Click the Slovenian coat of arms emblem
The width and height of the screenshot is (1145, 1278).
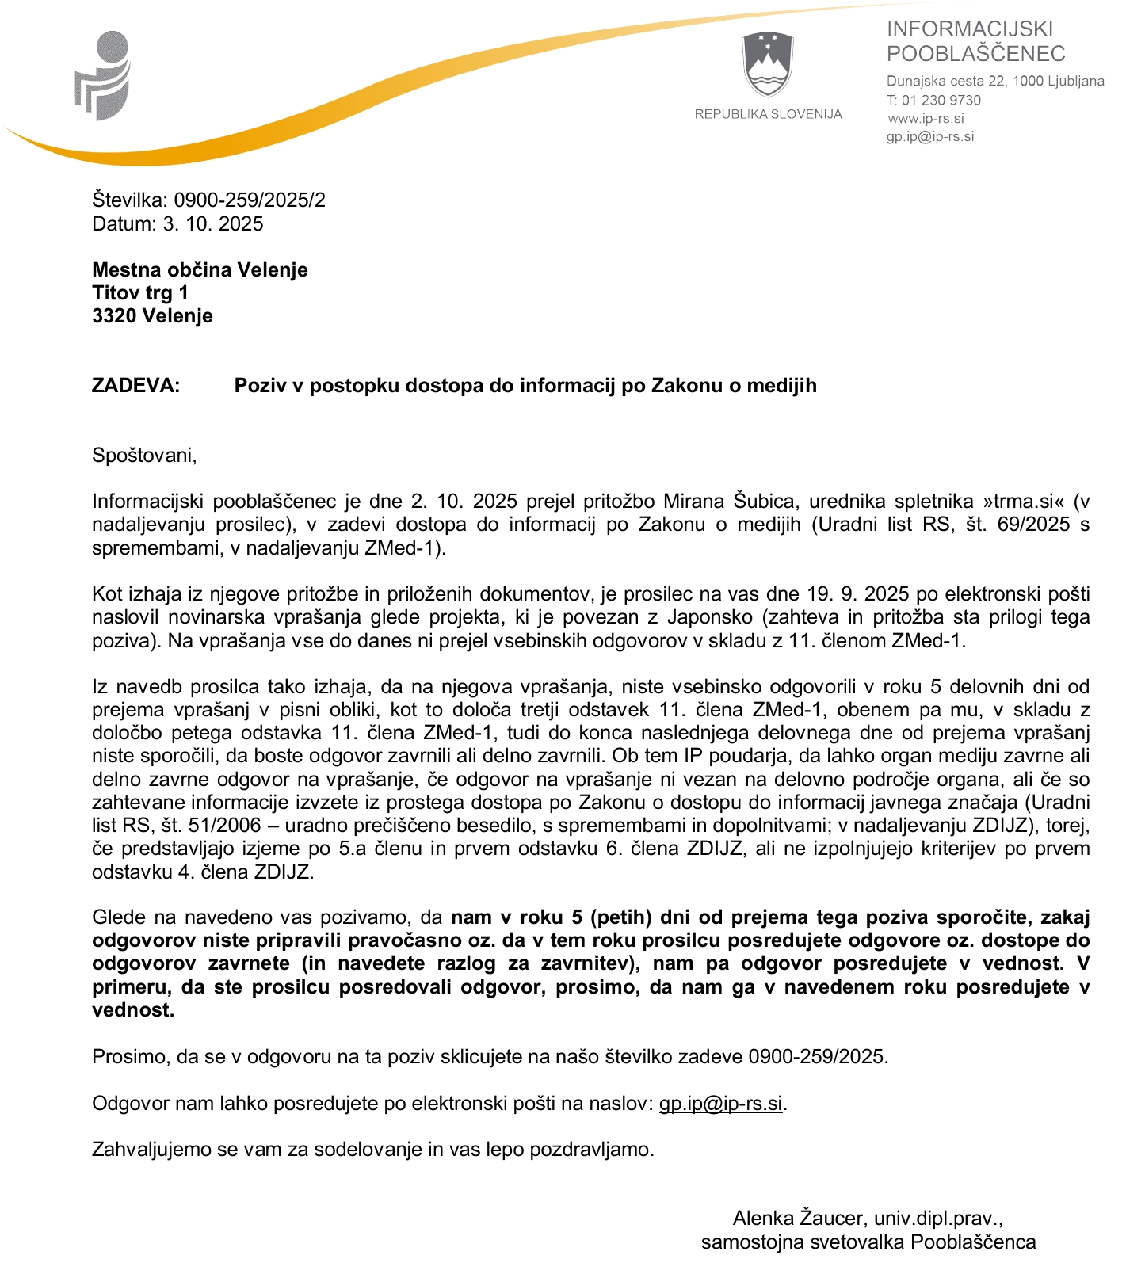[x=768, y=65]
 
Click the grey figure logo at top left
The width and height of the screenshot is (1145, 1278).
[x=103, y=76]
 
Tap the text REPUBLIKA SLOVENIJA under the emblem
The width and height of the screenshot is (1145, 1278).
[x=768, y=114]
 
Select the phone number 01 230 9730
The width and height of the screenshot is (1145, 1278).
[x=941, y=101]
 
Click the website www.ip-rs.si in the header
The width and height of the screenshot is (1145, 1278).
[x=926, y=119]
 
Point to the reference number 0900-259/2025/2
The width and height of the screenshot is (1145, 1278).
[x=250, y=200]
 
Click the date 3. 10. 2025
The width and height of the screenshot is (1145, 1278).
[x=213, y=223]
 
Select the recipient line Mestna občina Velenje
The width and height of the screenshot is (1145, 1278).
[x=200, y=270]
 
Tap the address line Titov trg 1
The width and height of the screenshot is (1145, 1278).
[x=140, y=293]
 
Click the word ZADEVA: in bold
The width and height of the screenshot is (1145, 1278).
[x=136, y=386]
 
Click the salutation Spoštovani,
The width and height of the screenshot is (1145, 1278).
[x=144, y=456]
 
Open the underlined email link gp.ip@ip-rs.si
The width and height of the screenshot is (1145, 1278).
[x=720, y=1104]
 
